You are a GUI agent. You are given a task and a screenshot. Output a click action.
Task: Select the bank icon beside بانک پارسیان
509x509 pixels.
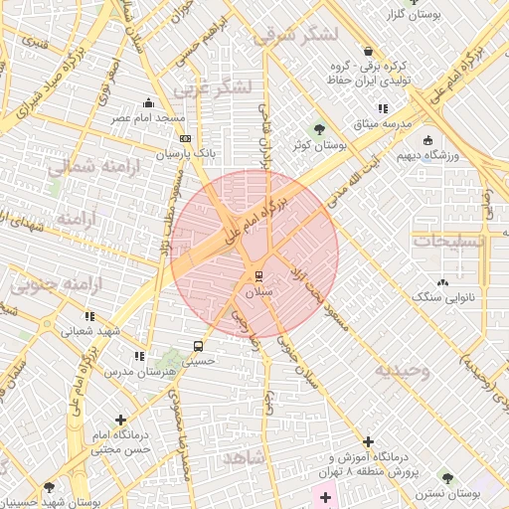tap(185, 138)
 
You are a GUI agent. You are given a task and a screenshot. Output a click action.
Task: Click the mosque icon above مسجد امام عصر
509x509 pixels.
tap(149, 101)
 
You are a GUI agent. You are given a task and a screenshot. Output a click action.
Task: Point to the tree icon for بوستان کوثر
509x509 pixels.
tap(319, 128)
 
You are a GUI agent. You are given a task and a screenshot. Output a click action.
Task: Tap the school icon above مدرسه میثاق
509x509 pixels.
tap(382, 108)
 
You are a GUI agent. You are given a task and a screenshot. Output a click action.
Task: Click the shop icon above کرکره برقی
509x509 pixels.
tap(369, 51)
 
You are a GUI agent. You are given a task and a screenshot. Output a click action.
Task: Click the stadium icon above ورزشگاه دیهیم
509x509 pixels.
tap(427, 140)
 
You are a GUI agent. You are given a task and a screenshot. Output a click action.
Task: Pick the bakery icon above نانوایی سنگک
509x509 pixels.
tap(442, 282)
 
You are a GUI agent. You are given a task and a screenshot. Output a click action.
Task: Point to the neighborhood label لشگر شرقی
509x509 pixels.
tap(295, 36)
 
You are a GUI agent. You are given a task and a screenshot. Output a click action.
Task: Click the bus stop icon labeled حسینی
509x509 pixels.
tap(199, 347)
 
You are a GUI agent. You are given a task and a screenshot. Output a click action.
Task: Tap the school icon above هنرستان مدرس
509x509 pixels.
tap(139, 355)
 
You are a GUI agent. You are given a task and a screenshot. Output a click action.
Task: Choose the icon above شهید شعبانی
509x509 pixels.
tap(90, 316)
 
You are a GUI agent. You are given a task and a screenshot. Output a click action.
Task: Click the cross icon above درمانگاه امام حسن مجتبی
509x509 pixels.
tap(121, 421)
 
